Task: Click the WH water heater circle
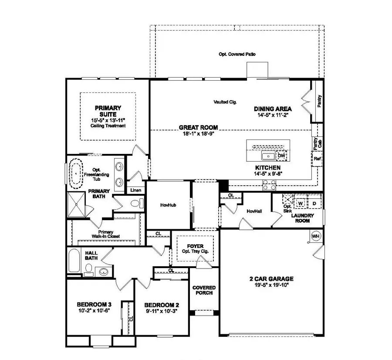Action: pyautogui.click(x=316, y=236)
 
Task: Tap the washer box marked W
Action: pyautogui.click(x=301, y=203)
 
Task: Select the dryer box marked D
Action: pyautogui.click(x=314, y=203)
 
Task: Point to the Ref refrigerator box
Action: pyautogui.click(x=317, y=159)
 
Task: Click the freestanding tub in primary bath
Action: pyautogui.click(x=76, y=173)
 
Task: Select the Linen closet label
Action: pyautogui.click(x=135, y=190)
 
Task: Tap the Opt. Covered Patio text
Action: pyautogui.click(x=237, y=54)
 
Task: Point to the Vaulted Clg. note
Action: pyautogui.click(x=225, y=102)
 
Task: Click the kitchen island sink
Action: pyautogui.click(x=267, y=156)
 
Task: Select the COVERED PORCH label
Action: pyautogui.click(x=204, y=290)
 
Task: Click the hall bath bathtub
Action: pyautogui.click(x=74, y=260)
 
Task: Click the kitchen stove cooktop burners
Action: pyautogui.click(x=269, y=186)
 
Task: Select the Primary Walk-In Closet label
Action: pyautogui.click(x=106, y=234)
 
